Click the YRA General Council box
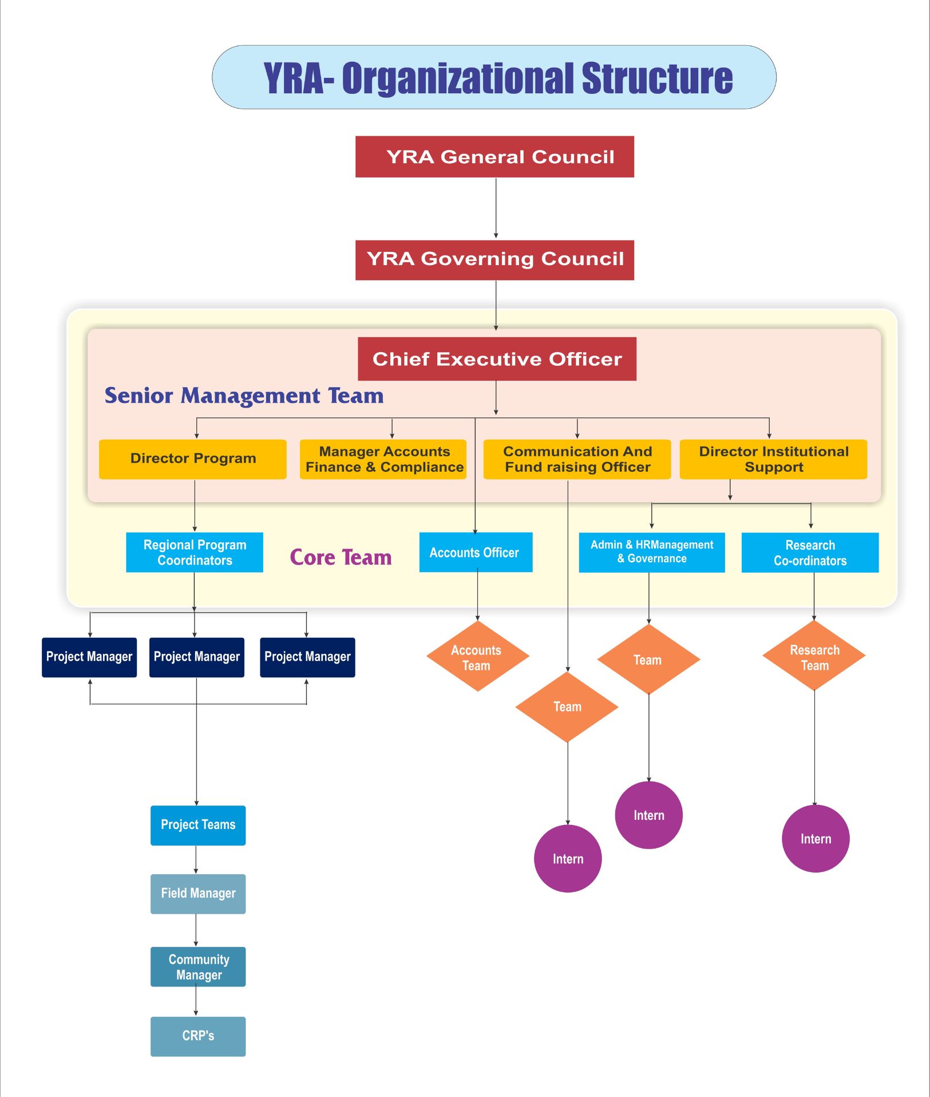click(x=494, y=157)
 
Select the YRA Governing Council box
click(x=494, y=260)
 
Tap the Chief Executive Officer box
click(x=497, y=359)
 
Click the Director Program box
click(x=192, y=459)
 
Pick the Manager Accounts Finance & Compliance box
click(x=383, y=459)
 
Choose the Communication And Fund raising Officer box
click(x=577, y=459)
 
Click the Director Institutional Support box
click(x=773, y=459)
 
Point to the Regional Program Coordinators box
click(x=195, y=553)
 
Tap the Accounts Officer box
click(x=476, y=553)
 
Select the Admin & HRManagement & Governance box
click(x=651, y=553)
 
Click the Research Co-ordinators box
click(x=810, y=553)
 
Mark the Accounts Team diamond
click(x=477, y=657)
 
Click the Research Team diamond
click(x=814, y=657)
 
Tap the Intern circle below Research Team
click(x=816, y=839)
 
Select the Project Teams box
click(x=198, y=825)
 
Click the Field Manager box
click(x=198, y=894)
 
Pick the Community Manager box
click(x=198, y=967)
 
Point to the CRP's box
click(x=198, y=1036)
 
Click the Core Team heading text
click(x=341, y=558)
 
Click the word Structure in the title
click(x=657, y=78)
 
